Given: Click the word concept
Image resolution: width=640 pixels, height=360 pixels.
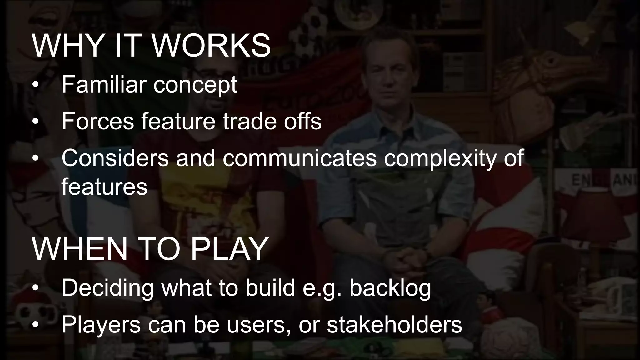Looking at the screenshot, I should [x=195, y=85].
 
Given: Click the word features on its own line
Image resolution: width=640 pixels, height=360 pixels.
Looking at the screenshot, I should [x=104, y=187].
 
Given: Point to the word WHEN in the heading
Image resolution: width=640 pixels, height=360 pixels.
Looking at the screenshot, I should [x=80, y=249].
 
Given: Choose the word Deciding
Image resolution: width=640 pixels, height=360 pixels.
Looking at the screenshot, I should [x=107, y=288].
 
